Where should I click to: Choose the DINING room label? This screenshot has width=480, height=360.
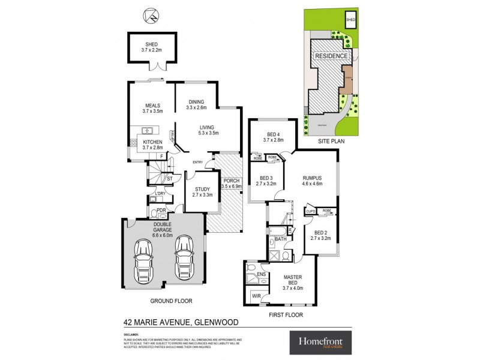pos(197,101)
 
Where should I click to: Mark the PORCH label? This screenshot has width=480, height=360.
pos(230,181)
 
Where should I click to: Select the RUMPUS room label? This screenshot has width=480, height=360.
pos(312,178)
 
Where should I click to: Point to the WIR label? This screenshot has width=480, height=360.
pos(256,295)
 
